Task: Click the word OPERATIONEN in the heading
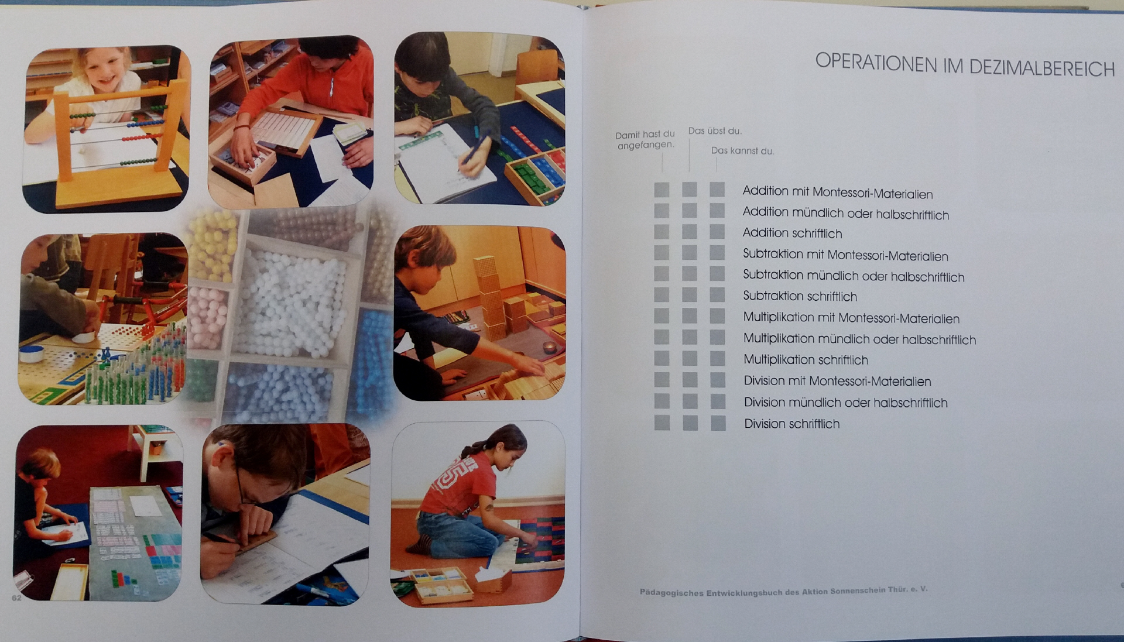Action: point(876,63)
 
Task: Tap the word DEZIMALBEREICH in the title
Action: point(1042,68)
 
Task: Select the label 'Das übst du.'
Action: point(715,131)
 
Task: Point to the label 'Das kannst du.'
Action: point(742,150)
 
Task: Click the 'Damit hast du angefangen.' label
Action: point(645,139)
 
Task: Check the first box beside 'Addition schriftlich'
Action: point(662,232)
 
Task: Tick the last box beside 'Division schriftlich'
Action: point(718,423)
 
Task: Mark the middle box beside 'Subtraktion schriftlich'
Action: point(690,295)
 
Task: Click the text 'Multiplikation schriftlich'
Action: point(806,359)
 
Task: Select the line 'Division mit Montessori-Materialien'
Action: point(837,381)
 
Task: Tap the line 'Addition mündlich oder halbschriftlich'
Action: point(846,213)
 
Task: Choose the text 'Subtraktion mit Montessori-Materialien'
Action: point(845,255)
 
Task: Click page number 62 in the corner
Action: point(16,598)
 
